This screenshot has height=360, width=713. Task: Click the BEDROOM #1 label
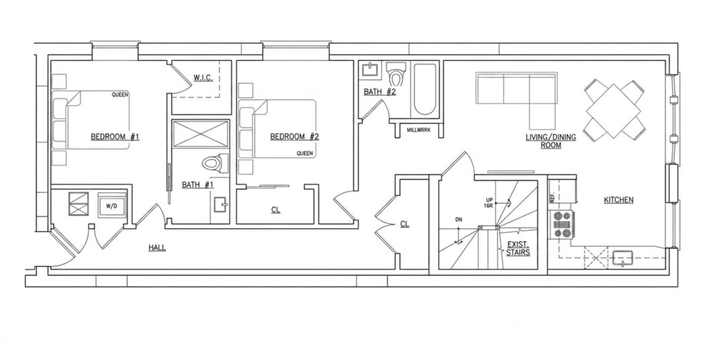[x=115, y=137]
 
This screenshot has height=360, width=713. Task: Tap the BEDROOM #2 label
[x=294, y=137]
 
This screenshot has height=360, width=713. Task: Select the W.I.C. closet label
[x=203, y=78]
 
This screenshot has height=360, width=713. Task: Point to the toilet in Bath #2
[x=395, y=75]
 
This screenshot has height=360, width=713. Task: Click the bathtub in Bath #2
[x=425, y=90]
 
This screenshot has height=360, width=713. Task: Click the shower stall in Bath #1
[x=200, y=133]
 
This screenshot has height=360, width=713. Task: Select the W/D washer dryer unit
[x=112, y=205]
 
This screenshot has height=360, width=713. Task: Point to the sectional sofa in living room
[x=516, y=96]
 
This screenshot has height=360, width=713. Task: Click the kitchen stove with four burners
[x=562, y=225]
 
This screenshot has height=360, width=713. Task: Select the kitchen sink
[x=621, y=258]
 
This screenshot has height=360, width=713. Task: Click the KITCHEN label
[x=619, y=199]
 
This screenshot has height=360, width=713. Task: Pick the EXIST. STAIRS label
[x=518, y=248]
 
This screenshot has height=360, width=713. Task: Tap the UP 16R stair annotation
[x=489, y=203]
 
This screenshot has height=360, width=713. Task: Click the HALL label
[x=157, y=248]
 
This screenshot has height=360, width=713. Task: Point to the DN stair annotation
[x=459, y=220]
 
